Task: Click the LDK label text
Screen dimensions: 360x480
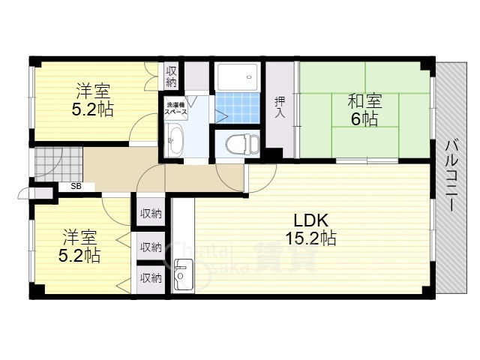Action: (x=310, y=220)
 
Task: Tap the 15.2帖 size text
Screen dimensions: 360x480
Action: (x=310, y=238)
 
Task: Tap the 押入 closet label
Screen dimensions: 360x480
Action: (x=280, y=106)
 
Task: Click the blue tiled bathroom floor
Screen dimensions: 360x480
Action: (x=237, y=108)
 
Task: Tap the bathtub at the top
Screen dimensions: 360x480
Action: (x=237, y=76)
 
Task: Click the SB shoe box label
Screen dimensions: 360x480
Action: (x=76, y=187)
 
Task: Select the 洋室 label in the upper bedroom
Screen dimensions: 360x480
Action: (x=94, y=92)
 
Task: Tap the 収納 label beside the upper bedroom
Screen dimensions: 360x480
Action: (x=171, y=76)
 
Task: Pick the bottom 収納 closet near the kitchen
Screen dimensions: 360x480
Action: (x=151, y=277)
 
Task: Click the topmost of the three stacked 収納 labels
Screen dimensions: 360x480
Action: (x=151, y=214)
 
